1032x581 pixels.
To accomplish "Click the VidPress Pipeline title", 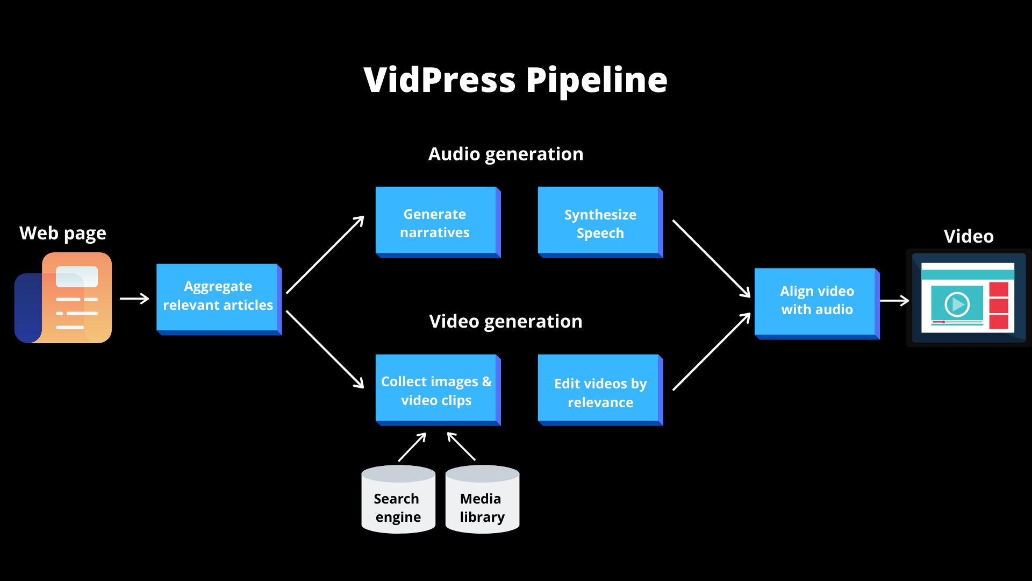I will (x=515, y=80).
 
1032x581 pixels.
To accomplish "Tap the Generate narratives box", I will (x=436, y=222).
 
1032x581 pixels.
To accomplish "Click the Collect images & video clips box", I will (x=436, y=390).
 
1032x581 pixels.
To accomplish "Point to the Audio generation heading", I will (x=505, y=154).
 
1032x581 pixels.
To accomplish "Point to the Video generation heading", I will (x=505, y=322).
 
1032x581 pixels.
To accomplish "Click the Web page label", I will (x=63, y=233).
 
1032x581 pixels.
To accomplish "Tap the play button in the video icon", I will (x=957, y=304).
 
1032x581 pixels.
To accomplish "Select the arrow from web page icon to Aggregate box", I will (x=134, y=299).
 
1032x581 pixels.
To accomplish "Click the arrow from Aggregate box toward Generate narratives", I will (x=325, y=254).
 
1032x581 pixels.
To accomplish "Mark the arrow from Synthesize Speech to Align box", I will (x=711, y=258).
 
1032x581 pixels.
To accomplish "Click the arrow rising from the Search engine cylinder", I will (x=412, y=447).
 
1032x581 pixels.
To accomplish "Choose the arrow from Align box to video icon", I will (x=894, y=301).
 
